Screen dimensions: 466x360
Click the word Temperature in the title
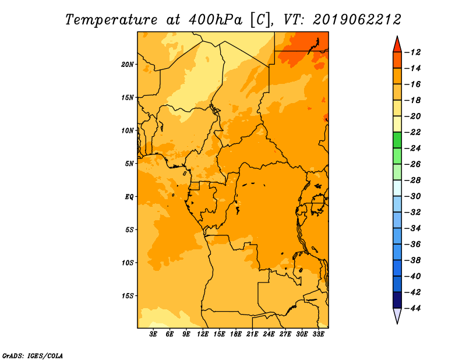pyautogui.click(x=111, y=20)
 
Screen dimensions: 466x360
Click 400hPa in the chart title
pyautogui.click(x=216, y=20)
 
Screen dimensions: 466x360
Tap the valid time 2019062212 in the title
pyautogui.click(x=357, y=20)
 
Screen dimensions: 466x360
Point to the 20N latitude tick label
pyautogui.click(x=128, y=65)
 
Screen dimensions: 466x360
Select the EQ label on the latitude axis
pyautogui.click(x=129, y=197)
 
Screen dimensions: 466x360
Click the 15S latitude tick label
pyautogui.click(x=128, y=296)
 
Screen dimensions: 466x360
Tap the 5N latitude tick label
pyautogui.click(x=129, y=164)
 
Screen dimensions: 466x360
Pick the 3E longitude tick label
pyautogui.click(x=153, y=334)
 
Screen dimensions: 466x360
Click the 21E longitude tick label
pyautogui.click(x=252, y=334)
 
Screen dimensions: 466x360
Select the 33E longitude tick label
pyautogui.click(x=318, y=334)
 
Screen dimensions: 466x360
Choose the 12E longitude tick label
pyautogui.click(x=202, y=334)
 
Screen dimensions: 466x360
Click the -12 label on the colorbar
pyautogui.click(x=412, y=52)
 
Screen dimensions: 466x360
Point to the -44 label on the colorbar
pyautogui.click(x=412, y=308)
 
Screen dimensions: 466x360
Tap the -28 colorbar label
pyautogui.click(x=412, y=181)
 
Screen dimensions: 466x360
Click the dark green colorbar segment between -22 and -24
pyautogui.click(x=397, y=140)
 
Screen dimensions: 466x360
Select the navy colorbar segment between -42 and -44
pyautogui.click(x=397, y=300)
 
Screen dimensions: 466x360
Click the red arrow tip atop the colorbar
pyautogui.click(x=397, y=36)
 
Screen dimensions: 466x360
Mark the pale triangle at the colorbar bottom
pyautogui.click(x=397, y=316)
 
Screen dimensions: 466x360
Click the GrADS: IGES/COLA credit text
pyautogui.click(x=33, y=356)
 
